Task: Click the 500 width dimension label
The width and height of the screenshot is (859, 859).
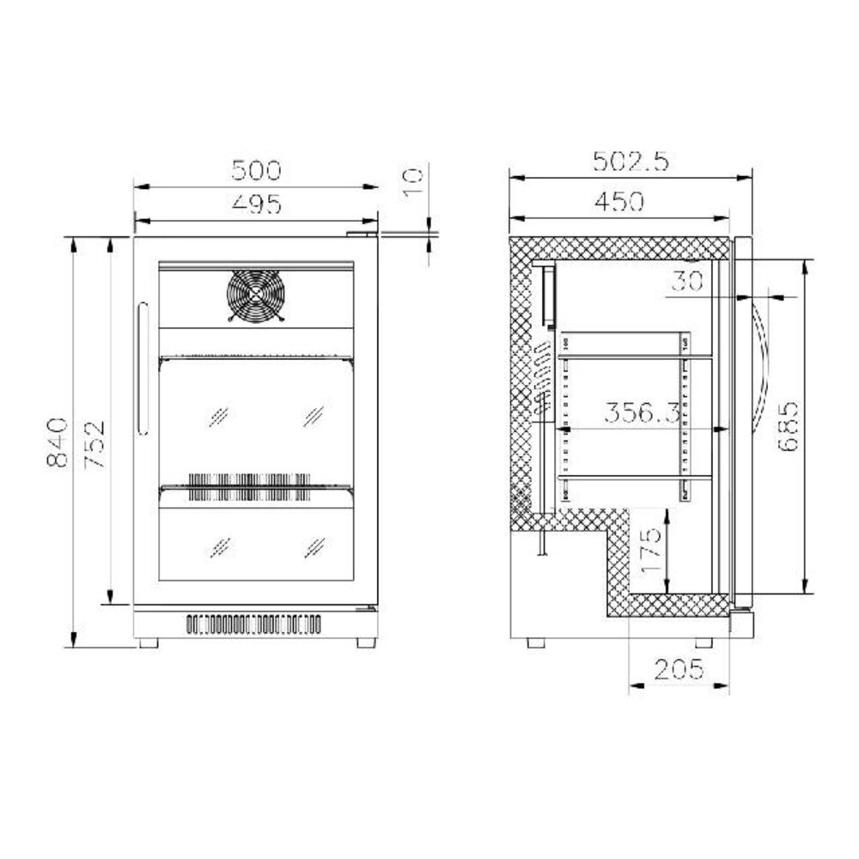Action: click(256, 170)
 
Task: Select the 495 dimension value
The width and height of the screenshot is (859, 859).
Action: click(256, 204)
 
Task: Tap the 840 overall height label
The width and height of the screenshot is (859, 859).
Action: click(58, 442)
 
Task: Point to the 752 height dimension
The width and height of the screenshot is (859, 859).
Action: click(94, 445)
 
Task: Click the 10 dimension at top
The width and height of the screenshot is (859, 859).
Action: click(413, 182)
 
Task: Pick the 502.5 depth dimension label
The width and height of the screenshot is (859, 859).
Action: click(631, 161)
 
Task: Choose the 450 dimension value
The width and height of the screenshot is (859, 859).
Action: click(619, 202)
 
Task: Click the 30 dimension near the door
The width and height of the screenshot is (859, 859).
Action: click(687, 282)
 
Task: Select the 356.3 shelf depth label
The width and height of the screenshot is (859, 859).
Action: click(642, 412)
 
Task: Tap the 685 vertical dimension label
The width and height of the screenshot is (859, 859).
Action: click(788, 426)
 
